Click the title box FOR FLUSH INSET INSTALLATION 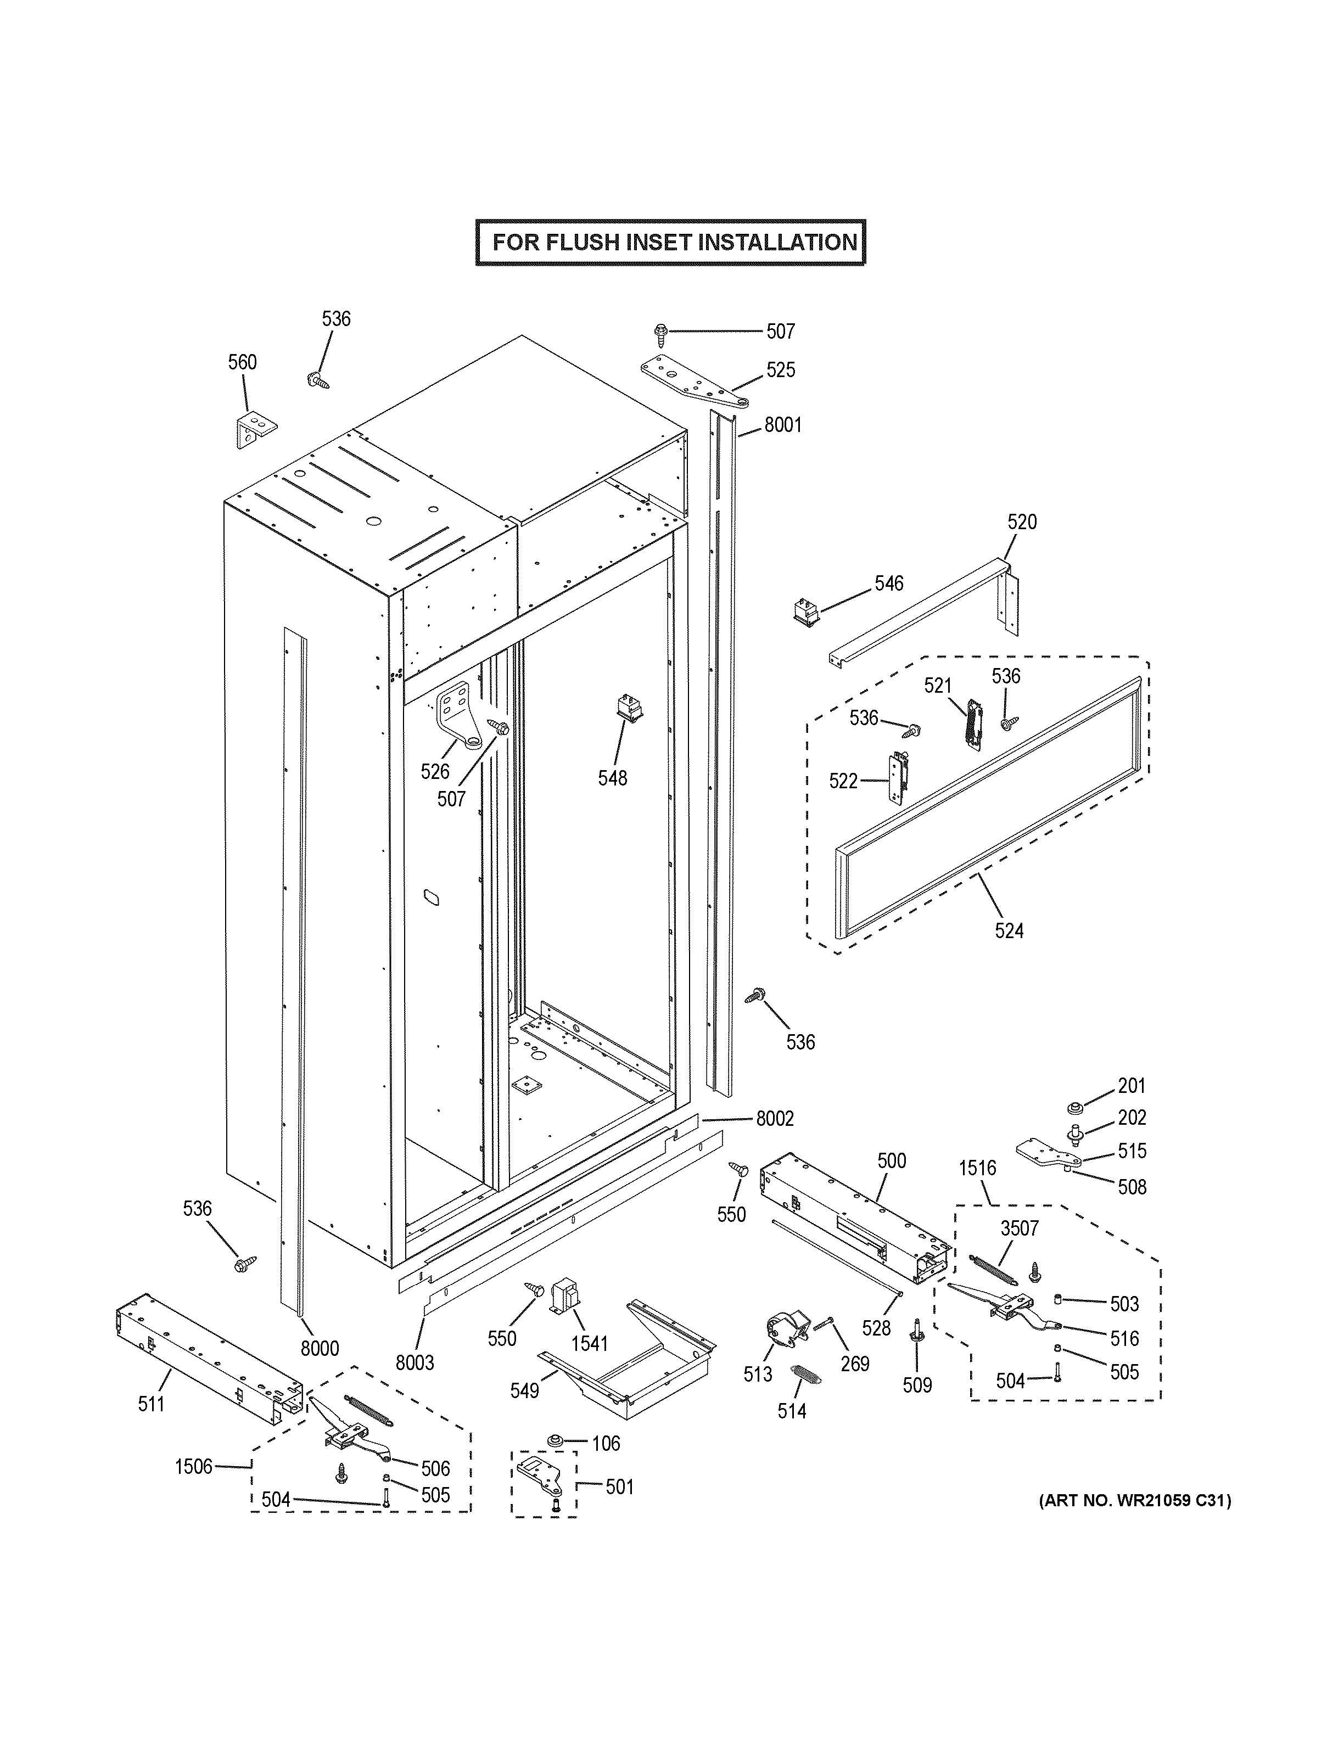(670, 242)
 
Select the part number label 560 (242, 362)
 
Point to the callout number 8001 (783, 425)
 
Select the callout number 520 (1022, 523)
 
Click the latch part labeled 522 (898, 778)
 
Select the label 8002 (774, 1119)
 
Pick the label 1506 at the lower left (193, 1467)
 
